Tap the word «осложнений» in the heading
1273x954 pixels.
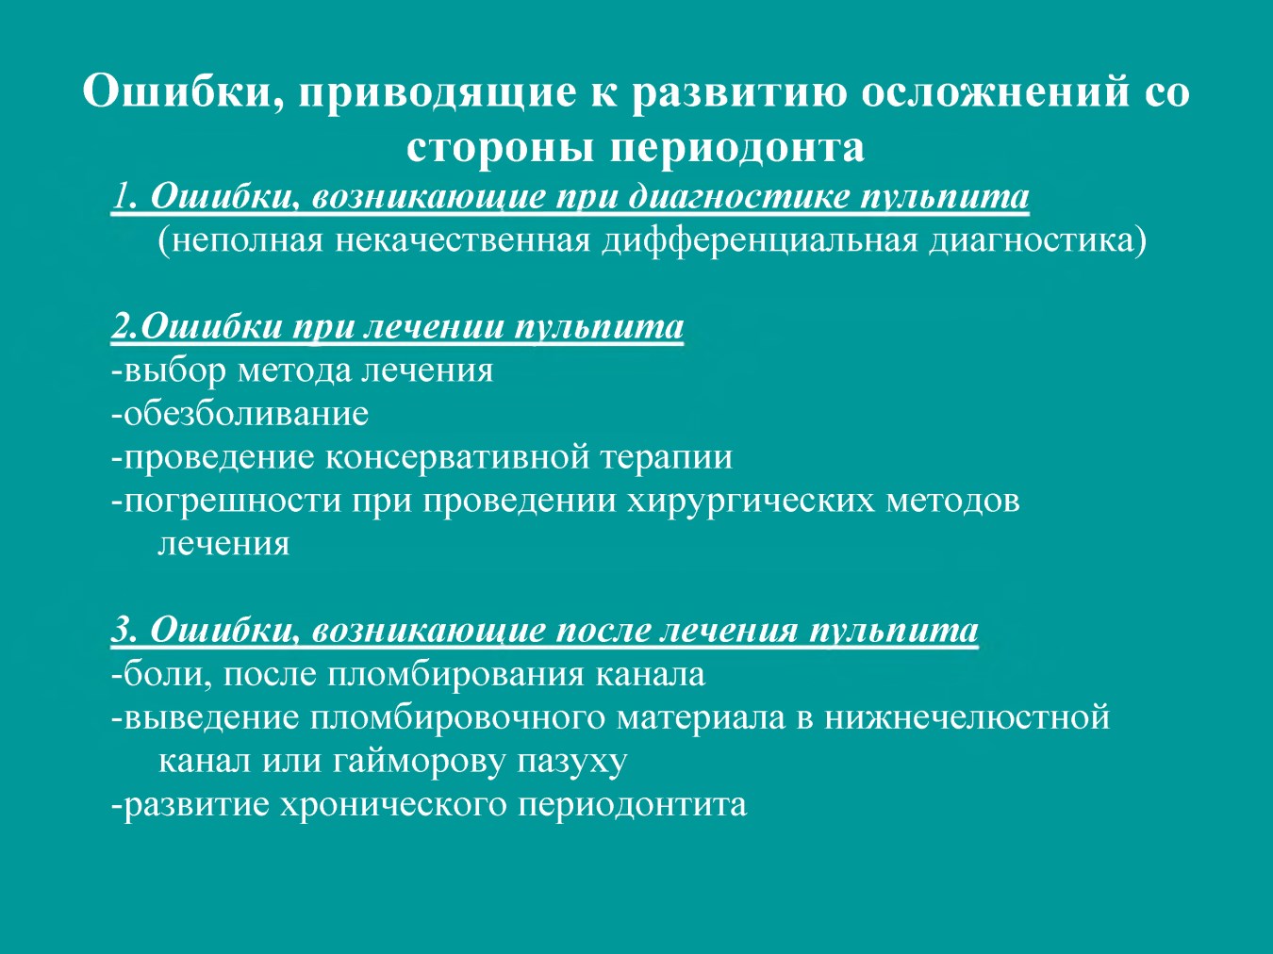click(994, 91)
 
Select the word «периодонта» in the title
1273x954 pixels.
click(737, 147)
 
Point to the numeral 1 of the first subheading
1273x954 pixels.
click(119, 196)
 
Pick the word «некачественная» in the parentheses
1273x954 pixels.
click(462, 240)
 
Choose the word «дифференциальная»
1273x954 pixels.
click(759, 241)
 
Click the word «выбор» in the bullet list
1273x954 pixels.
click(174, 370)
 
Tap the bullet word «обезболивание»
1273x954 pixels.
click(246, 414)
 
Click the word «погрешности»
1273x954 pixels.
click(232, 501)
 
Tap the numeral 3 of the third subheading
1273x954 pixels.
click(121, 630)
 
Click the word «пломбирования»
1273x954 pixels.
click(455, 675)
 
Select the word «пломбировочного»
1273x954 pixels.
click(456, 718)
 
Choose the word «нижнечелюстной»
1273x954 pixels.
click(967, 717)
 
